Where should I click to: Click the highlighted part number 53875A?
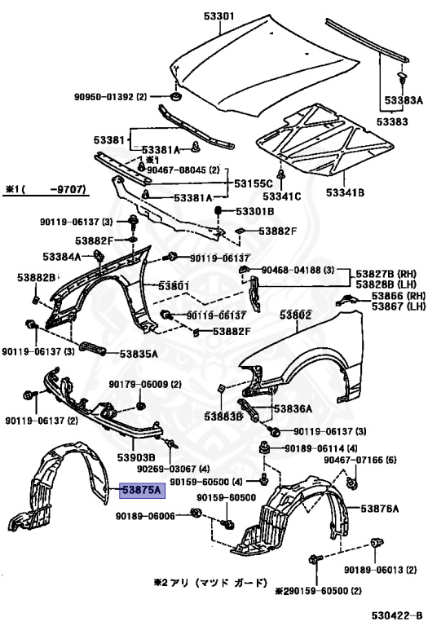[x=142, y=491]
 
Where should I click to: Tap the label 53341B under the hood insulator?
[x=346, y=194]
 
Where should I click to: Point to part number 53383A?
[x=404, y=100]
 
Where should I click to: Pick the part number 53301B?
[x=255, y=211]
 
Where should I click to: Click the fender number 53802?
[x=296, y=315]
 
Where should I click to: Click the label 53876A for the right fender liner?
[x=380, y=509]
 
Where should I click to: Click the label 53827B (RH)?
[x=389, y=272]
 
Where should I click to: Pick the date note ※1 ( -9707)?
[x=49, y=190]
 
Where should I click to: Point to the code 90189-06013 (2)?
[x=378, y=569]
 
